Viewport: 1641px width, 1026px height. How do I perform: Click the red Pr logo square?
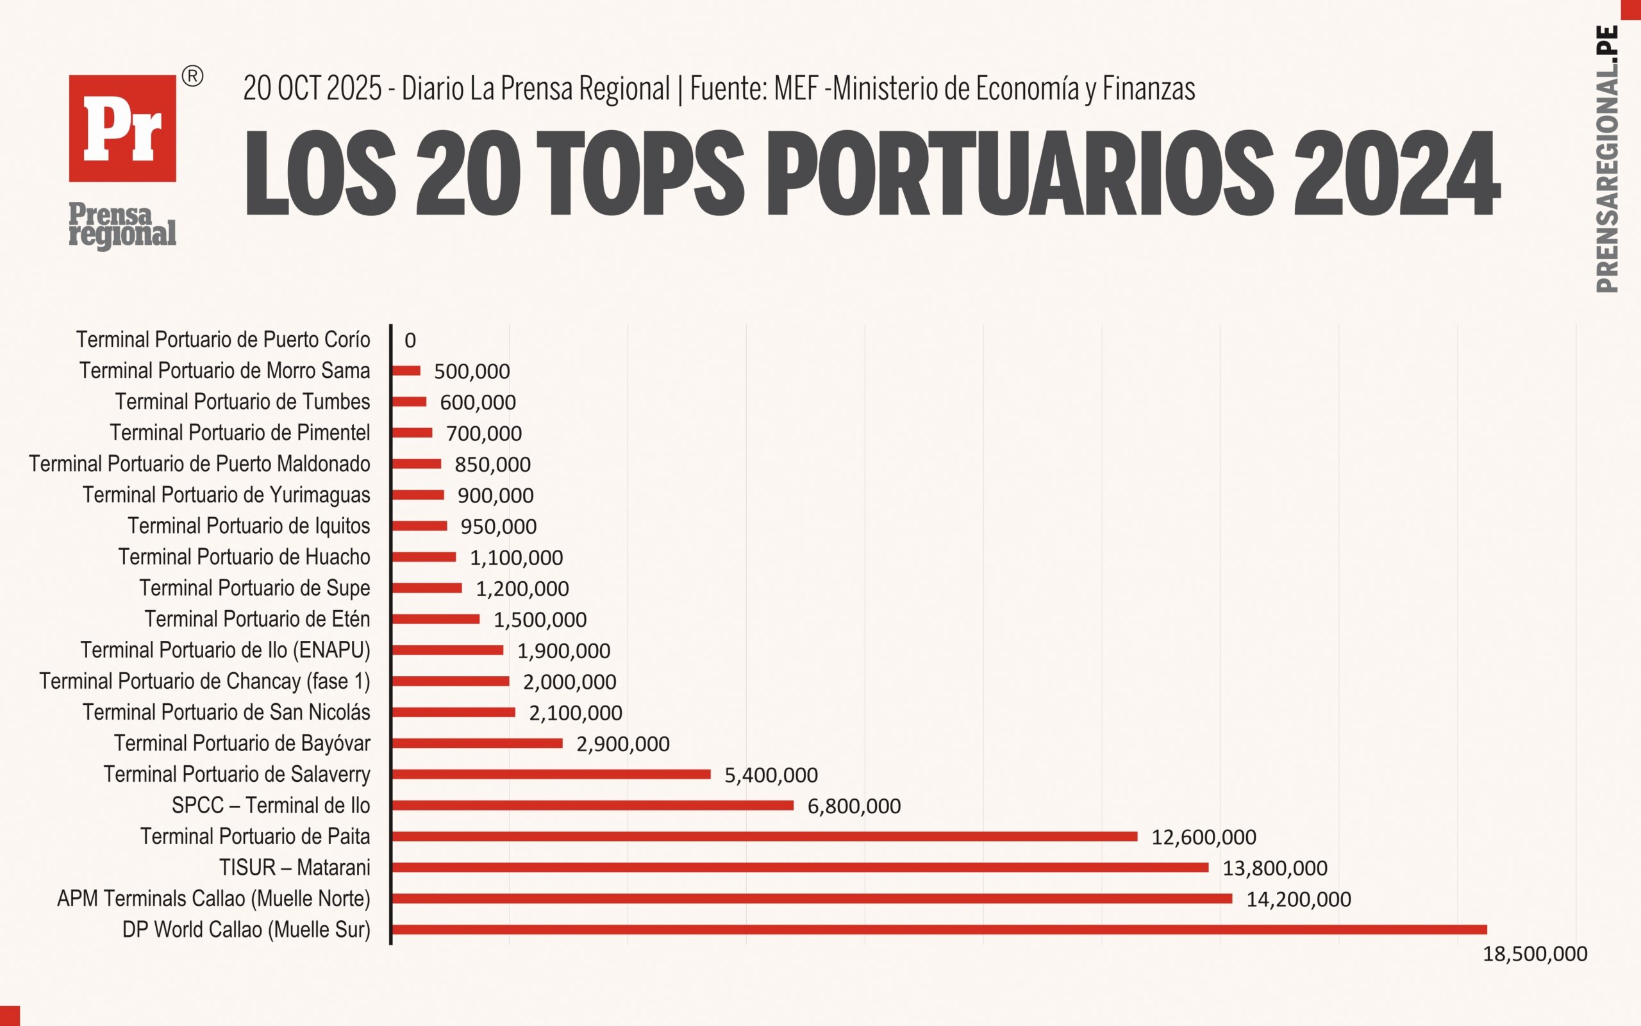122,128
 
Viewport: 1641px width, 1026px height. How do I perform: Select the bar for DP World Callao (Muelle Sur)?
938,930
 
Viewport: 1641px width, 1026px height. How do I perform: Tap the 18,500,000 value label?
1535,954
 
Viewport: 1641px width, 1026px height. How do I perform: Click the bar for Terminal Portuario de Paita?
764,837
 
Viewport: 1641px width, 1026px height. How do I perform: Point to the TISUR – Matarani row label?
294,867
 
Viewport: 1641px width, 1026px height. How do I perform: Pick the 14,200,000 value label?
1298,899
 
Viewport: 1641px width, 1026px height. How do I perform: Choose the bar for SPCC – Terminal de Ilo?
592,806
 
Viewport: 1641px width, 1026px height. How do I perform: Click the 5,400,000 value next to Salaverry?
771,775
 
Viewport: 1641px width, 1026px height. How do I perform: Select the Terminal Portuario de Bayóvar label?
242,743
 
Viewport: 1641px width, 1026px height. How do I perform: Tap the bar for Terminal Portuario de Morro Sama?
406,370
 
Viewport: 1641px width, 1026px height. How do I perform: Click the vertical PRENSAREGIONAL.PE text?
1607,160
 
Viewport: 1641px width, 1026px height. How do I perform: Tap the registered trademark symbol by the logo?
193,77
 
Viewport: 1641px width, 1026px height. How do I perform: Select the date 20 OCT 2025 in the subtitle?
312,89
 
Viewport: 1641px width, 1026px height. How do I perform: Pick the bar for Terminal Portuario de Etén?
436,619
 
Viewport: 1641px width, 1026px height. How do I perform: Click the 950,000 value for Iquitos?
498,527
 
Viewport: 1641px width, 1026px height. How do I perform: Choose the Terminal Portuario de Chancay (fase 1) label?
205,681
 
